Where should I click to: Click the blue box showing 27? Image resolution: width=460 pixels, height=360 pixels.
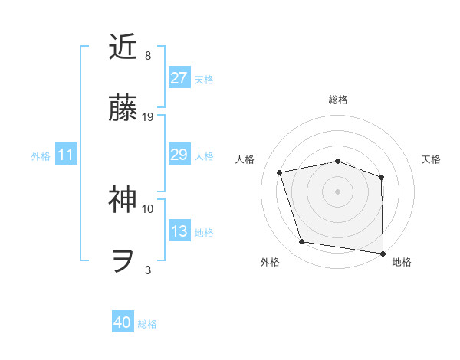point(179,78)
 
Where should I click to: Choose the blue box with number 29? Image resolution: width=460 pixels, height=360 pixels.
point(179,155)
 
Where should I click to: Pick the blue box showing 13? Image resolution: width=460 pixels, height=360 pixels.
point(179,232)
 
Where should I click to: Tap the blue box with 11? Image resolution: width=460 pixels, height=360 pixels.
point(66,155)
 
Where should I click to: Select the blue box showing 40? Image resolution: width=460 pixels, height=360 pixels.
point(123,323)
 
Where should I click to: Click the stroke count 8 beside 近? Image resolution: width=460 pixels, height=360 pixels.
point(148,56)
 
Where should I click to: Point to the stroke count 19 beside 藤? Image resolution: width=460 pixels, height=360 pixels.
point(149,117)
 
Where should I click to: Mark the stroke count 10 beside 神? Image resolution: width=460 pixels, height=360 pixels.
point(148,208)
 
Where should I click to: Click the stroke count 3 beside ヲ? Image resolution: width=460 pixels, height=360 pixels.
point(148,270)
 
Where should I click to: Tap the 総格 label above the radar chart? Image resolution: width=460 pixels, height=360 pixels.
point(338,100)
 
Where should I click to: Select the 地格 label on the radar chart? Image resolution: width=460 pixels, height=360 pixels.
point(402,262)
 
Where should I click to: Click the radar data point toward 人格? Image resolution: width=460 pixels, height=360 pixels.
point(280,172)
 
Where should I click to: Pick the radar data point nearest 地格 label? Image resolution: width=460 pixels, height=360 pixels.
point(383,252)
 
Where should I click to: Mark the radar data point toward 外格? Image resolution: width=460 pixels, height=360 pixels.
point(302,242)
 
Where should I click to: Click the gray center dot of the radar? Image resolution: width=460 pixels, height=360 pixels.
point(338,191)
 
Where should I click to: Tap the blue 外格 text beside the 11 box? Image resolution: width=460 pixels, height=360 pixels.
point(41,156)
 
